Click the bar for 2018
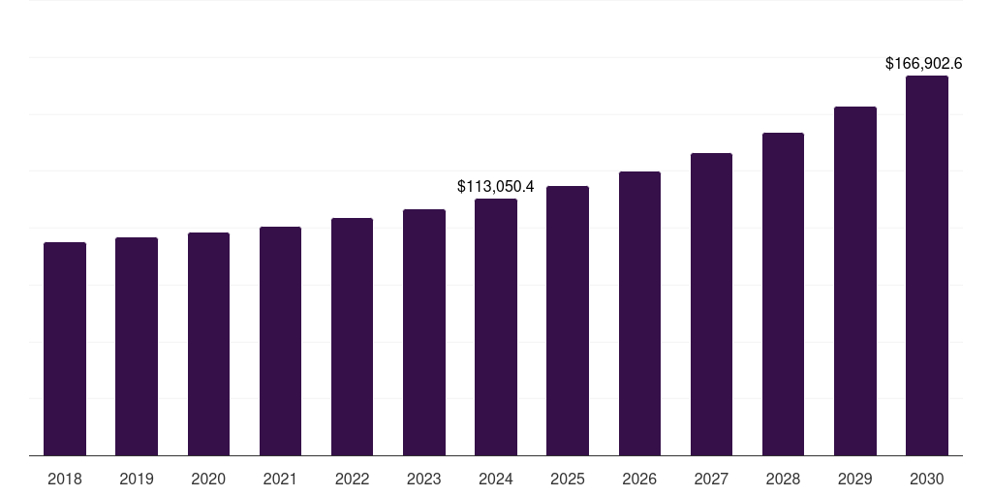65,349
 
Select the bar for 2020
208,344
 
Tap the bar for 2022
352,336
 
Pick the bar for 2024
496,326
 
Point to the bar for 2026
639,313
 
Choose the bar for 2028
783,294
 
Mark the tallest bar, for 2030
927,265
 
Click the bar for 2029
855,281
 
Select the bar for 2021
280,341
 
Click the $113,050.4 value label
496,186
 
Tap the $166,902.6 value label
923,64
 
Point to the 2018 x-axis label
65,479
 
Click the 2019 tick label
137,479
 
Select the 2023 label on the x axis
424,479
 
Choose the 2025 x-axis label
568,479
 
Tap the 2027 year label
711,479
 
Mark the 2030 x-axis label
927,479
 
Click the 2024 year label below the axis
496,479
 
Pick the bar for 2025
568,321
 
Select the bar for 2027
711,304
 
